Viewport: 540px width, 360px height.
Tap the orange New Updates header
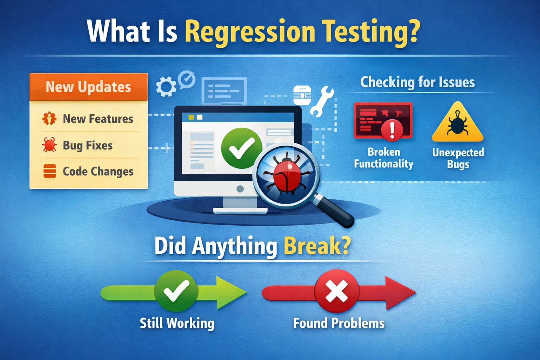click(89, 87)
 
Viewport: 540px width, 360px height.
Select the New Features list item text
click(98, 119)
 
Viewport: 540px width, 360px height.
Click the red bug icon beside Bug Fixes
click(50, 145)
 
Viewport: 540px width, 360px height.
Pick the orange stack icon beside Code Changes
click(50, 171)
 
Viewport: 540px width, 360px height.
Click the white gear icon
click(166, 86)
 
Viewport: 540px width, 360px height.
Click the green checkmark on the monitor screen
click(242, 148)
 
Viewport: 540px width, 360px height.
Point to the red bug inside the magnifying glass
click(287, 173)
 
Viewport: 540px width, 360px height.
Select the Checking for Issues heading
click(418, 82)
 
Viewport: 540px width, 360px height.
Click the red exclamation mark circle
click(392, 130)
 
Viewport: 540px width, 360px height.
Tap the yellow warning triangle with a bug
click(457, 122)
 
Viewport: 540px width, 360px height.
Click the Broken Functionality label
click(384, 158)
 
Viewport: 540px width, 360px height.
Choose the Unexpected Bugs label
click(458, 158)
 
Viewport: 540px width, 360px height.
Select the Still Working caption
click(177, 323)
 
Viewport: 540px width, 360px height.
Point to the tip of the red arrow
click(416, 293)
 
